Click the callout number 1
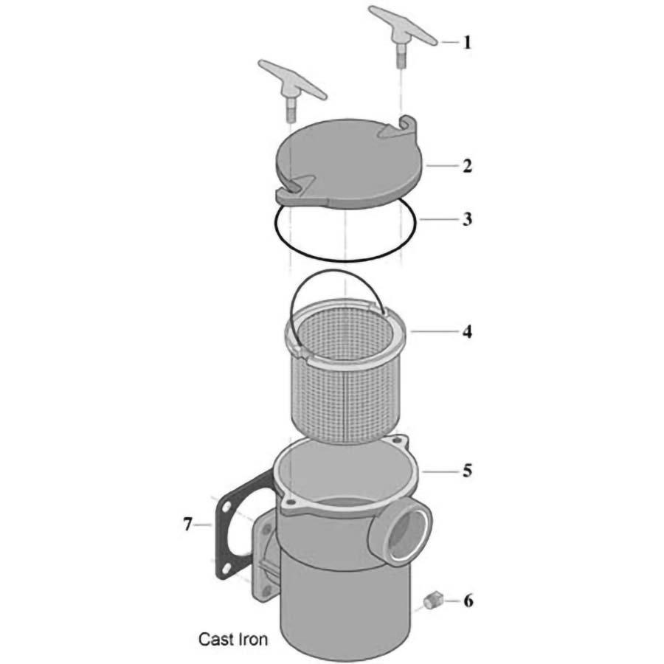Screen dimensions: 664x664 (x=466, y=42)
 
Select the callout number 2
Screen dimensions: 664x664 (x=466, y=165)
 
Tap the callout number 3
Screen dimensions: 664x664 (x=466, y=219)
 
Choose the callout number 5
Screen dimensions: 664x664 (x=466, y=470)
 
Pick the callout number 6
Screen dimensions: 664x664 (x=466, y=601)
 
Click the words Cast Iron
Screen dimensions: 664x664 (x=233, y=638)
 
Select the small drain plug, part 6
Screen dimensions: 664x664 (x=434, y=600)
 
